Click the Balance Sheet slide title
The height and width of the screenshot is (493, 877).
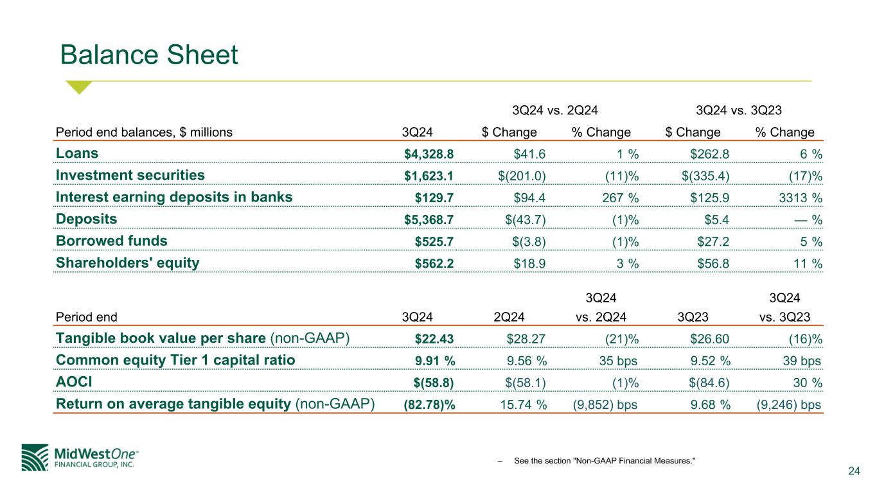(x=149, y=55)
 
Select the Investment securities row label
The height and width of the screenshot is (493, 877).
(x=130, y=175)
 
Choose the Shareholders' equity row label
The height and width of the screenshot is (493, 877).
(x=128, y=263)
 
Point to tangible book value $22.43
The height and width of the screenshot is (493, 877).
(x=434, y=339)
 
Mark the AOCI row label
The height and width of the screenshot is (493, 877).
(x=74, y=382)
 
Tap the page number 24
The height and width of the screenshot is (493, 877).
(x=854, y=472)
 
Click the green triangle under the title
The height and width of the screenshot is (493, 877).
(x=80, y=87)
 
